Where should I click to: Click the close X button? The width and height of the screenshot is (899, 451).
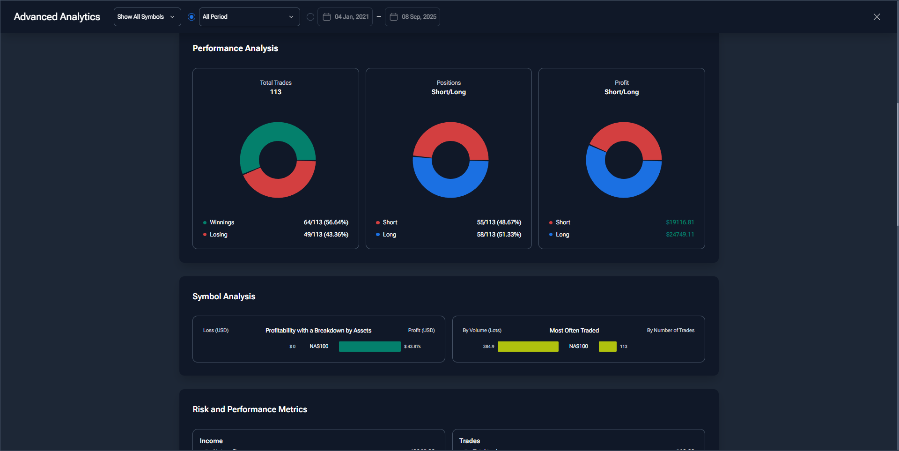[877, 17]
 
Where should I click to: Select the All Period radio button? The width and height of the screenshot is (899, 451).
[192, 17]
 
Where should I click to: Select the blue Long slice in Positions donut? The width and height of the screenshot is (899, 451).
[450, 187]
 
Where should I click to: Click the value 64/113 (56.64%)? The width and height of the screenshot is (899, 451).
[326, 222]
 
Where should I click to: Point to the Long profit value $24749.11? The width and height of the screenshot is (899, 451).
[680, 235]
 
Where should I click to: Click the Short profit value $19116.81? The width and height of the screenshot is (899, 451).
[680, 222]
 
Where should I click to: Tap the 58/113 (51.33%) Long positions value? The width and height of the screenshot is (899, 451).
[499, 235]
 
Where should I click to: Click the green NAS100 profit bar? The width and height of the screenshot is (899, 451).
[369, 347]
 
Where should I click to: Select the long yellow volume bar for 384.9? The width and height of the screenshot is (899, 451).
[528, 347]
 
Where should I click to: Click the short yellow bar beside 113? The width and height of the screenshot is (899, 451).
[607, 347]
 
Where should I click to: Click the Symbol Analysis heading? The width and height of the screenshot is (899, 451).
[224, 296]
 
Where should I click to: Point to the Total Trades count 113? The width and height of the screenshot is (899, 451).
[276, 92]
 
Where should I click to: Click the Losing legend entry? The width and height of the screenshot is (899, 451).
[218, 235]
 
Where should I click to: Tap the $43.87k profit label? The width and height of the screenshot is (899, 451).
[413, 347]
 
